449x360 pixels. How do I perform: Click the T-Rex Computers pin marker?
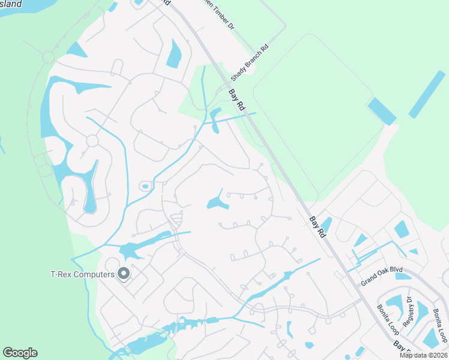[124, 274]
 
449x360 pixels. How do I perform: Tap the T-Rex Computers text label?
[82, 275]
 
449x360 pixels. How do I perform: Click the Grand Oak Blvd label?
[381, 275]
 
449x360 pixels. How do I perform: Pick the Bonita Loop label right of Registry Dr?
[440, 325]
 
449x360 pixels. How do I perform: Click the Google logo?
[20, 353]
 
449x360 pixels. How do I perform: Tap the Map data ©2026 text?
[424, 355]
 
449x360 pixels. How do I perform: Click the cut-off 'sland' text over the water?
[10, 4]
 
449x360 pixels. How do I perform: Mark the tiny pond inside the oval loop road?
[145, 187]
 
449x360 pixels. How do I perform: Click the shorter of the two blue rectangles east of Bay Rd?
[382, 111]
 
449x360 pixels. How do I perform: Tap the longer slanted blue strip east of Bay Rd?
[427, 94]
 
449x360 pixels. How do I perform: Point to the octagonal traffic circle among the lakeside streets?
[92, 140]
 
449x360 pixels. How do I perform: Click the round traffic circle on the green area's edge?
[48, 58]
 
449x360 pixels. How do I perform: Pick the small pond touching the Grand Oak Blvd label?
[402, 277]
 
